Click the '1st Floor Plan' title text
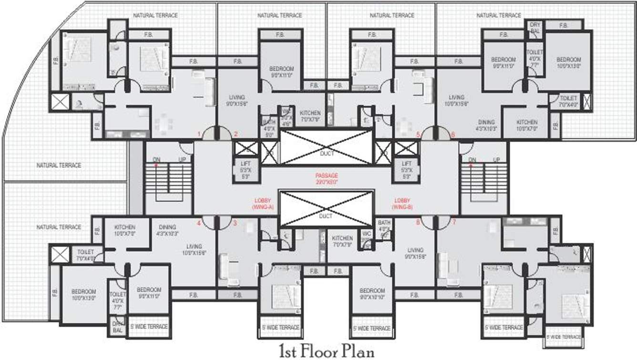tap(327, 351)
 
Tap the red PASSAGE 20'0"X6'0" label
tap(326, 179)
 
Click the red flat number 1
tap(199, 134)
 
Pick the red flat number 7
tap(454, 222)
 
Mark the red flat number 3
tap(234, 222)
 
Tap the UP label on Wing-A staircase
tap(182, 159)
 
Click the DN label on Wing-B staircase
tap(472, 159)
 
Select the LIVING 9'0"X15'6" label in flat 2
tap(237, 101)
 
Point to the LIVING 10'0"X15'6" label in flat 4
tap(193, 250)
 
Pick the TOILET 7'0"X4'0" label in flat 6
tap(568, 101)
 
